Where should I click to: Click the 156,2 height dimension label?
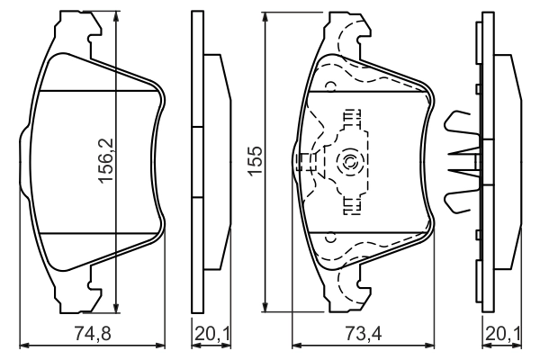tap(105, 160)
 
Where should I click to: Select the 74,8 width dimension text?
tap(93, 333)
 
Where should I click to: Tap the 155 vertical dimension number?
tap(256, 160)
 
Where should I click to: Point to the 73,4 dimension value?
tap(364, 333)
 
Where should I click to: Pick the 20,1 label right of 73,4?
tap(503, 333)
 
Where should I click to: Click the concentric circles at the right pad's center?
tap(347, 161)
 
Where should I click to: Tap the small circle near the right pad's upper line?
tap(330, 85)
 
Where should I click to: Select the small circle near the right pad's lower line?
tap(330, 237)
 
